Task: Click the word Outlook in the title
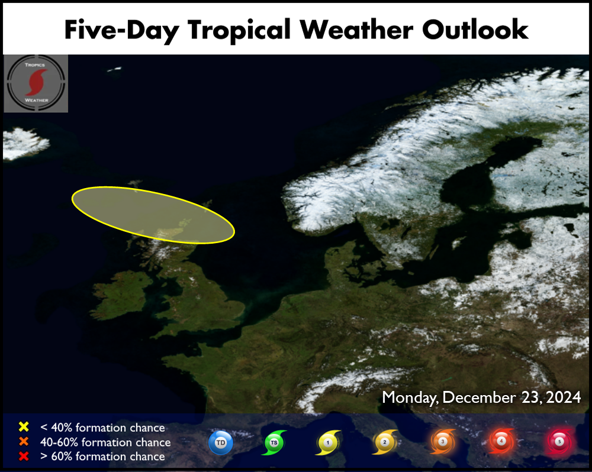pyautogui.click(x=475, y=29)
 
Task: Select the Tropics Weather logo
pyautogui.click(x=36, y=83)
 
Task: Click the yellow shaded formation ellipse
pyautogui.click(x=153, y=215)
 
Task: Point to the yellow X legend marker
pyautogui.click(x=24, y=426)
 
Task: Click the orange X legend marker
pyautogui.click(x=24, y=441)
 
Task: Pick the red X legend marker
pyautogui.click(x=24, y=456)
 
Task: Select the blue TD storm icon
pyautogui.click(x=221, y=442)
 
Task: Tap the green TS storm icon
pyautogui.click(x=274, y=442)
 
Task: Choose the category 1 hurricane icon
pyautogui.click(x=328, y=442)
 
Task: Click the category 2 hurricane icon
pyautogui.click(x=385, y=442)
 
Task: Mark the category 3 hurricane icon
pyautogui.click(x=443, y=441)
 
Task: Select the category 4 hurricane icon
pyautogui.click(x=501, y=441)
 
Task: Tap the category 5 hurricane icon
pyautogui.click(x=560, y=441)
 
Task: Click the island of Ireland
pyautogui.click(x=121, y=295)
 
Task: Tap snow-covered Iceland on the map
pyautogui.click(x=24, y=143)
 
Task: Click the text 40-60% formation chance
pyautogui.click(x=105, y=442)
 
